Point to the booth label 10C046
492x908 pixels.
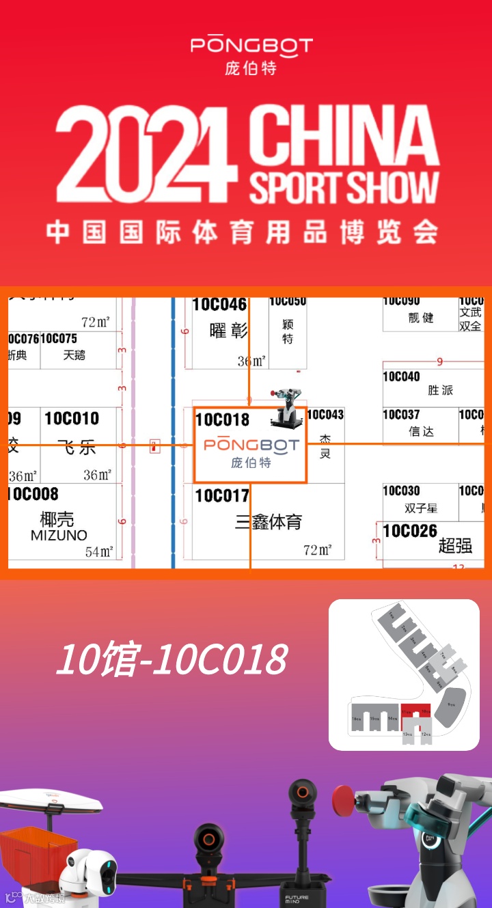[x=219, y=305]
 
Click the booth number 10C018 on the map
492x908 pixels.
[x=223, y=419]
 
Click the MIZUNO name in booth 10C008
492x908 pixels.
[x=59, y=536]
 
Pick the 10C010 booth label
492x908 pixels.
[x=72, y=418]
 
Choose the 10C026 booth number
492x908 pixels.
[x=410, y=531]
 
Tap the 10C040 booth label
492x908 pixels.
[x=401, y=376]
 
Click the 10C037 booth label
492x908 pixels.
[x=401, y=415]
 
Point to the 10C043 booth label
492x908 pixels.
[x=325, y=415]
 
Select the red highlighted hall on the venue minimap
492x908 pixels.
[x=415, y=714]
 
